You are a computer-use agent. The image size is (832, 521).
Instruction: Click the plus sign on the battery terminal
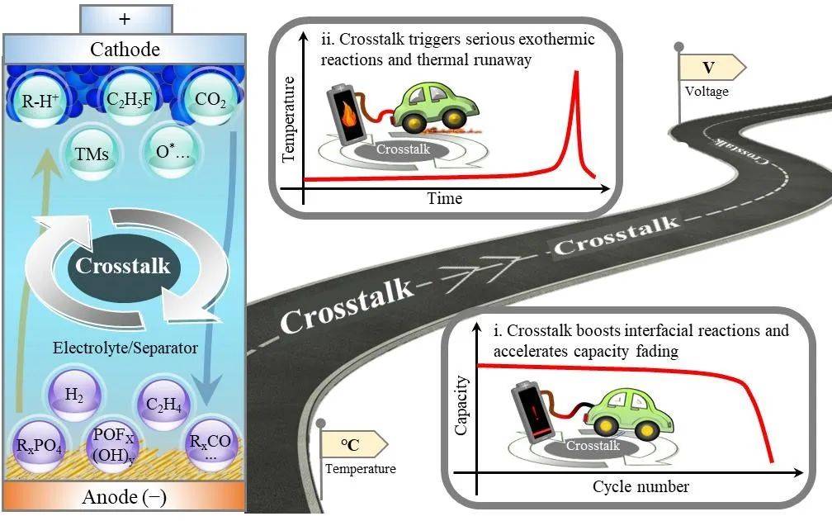[125, 20]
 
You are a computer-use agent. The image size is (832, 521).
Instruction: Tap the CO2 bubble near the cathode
[210, 99]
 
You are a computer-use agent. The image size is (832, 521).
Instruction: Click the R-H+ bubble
[40, 99]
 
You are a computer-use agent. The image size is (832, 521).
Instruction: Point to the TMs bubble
[92, 154]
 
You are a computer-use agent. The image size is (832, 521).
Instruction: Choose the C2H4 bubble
[164, 405]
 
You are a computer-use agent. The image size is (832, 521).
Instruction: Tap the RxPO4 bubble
[39, 444]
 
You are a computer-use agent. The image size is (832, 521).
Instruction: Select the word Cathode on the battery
[125, 50]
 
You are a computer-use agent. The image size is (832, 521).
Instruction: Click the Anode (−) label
[125, 497]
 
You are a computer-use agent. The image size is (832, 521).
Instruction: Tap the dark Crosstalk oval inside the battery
[124, 267]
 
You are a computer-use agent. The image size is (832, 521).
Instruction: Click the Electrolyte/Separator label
[125, 348]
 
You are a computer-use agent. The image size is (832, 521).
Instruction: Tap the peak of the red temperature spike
[576, 72]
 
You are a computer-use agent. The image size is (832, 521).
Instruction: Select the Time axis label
[445, 198]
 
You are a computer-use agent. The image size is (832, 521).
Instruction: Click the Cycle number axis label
[641, 486]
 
